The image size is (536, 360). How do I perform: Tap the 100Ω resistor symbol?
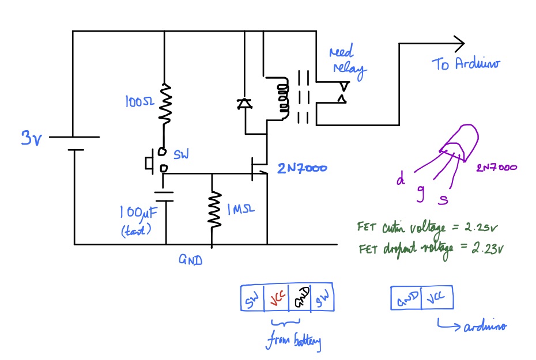coord(165,104)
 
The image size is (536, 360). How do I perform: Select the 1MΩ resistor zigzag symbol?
coord(213,210)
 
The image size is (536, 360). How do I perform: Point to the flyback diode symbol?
coord(244,104)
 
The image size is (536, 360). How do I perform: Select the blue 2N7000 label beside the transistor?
coord(302,169)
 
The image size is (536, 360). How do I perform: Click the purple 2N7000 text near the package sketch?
coord(496,168)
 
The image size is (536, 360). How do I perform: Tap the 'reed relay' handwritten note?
coord(346,62)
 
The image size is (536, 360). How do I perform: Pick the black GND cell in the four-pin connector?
coord(300,300)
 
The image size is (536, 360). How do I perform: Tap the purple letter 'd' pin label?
coord(399,180)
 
